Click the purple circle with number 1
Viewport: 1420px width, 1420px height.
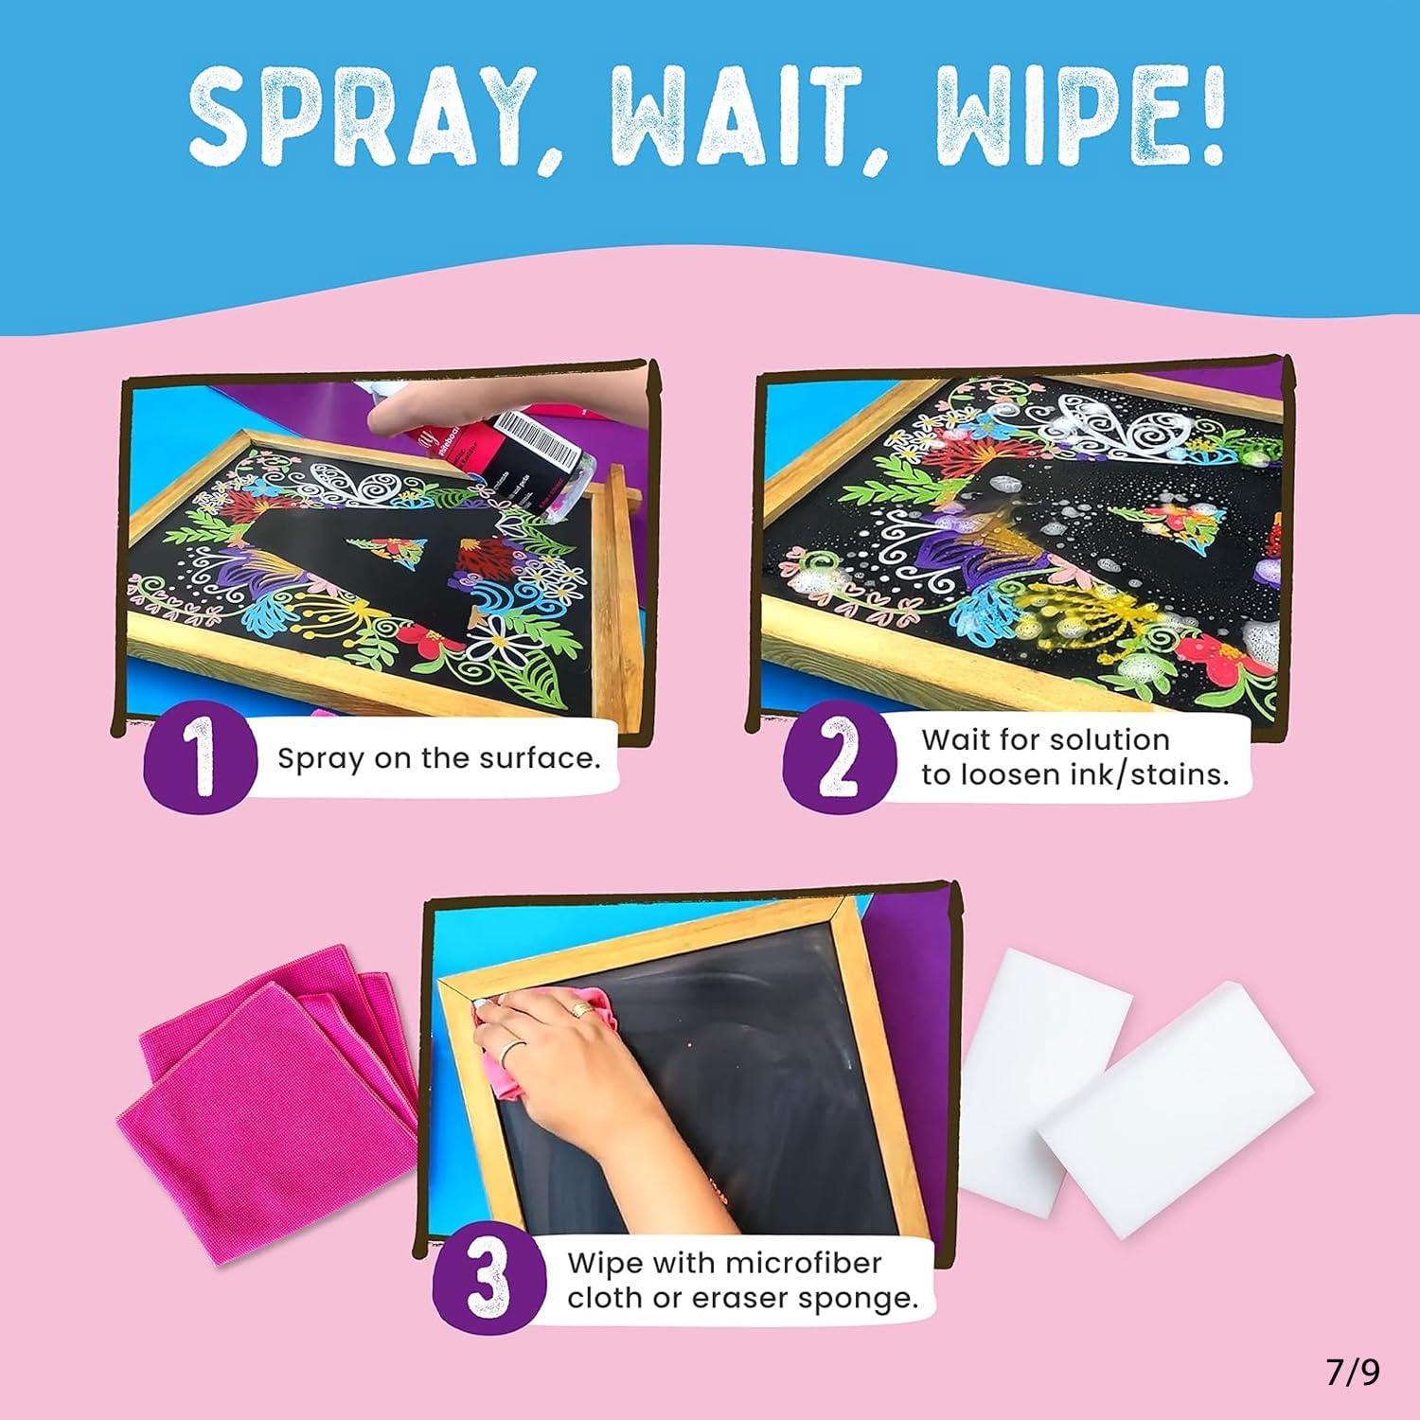(x=202, y=761)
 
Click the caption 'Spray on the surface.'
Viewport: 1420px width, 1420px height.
(x=439, y=759)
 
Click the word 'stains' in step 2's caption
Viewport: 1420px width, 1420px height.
(x=1183, y=775)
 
